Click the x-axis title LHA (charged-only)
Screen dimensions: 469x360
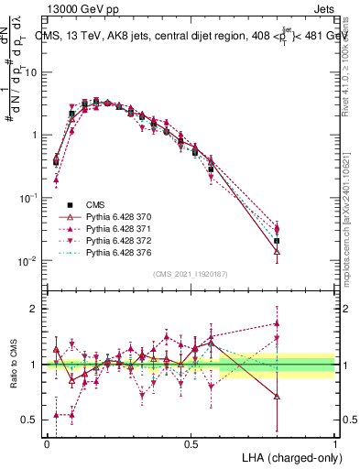click(x=290, y=456)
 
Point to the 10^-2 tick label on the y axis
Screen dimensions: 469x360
click(x=27, y=261)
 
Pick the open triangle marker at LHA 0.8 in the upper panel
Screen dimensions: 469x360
click(x=277, y=252)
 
